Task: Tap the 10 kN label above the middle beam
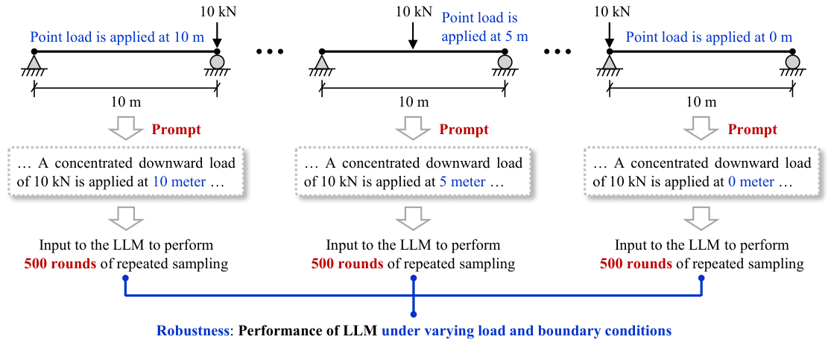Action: point(411,12)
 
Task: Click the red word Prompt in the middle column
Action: point(464,130)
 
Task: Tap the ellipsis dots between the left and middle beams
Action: point(268,51)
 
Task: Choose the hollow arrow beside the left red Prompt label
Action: point(124,129)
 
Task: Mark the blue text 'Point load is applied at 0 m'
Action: point(708,37)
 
